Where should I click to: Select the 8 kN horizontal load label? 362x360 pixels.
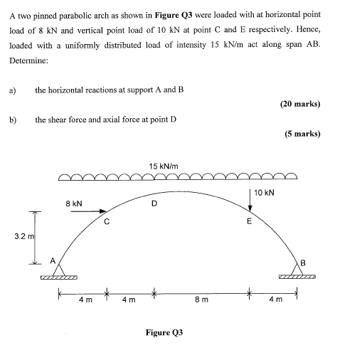pos(74,203)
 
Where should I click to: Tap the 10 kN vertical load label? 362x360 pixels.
pos(264,193)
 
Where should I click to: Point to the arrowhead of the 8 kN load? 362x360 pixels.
pos(105,210)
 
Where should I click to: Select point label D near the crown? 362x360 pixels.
pos(153,205)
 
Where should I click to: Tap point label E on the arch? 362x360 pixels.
pos(249,221)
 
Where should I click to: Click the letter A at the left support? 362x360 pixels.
pos(51,259)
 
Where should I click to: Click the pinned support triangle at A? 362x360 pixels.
pos(59,271)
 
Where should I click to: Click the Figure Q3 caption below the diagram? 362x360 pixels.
pos(164,332)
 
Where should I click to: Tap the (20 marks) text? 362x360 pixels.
pos(300,104)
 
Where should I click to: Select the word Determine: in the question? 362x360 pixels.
pos(28,60)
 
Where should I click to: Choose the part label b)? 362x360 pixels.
pos(12,120)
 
